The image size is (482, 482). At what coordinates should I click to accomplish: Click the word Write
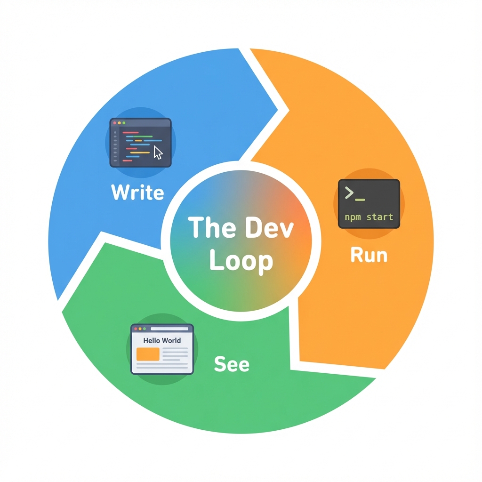pos(137,193)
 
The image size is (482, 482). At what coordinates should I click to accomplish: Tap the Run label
pos(369,255)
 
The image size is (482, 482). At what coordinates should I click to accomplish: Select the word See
pos(232,364)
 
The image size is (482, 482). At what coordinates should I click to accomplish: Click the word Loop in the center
pos(241,261)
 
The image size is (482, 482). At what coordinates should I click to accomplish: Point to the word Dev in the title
pos(270,228)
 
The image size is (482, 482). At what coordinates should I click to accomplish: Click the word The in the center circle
pos(209,228)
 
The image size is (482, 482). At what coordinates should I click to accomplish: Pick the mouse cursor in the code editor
pos(158,153)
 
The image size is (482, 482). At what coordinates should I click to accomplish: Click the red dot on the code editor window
pos(114,123)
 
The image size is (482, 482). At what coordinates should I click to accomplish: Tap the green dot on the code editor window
pos(124,123)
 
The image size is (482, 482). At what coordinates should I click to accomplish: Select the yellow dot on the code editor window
pos(119,123)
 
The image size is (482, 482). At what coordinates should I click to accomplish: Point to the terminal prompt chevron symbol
pos(349,193)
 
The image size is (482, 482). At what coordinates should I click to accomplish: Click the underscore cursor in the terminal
pos(360,200)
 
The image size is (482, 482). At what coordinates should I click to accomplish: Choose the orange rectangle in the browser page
pos(147,354)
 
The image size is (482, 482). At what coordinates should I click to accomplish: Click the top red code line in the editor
pos(130,133)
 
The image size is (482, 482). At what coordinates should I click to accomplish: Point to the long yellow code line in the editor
pos(139,153)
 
